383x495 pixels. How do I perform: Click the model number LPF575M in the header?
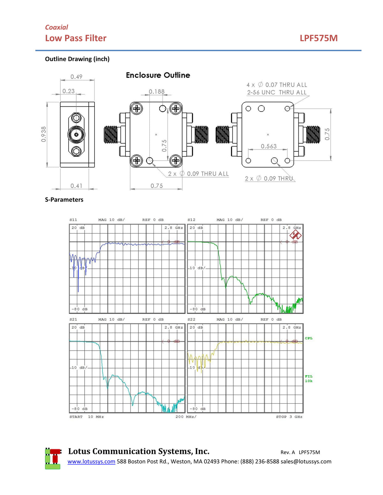(318, 38)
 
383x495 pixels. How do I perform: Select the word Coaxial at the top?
(56, 27)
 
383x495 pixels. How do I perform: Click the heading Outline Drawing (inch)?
(77, 59)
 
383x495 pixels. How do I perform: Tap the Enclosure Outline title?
(158, 75)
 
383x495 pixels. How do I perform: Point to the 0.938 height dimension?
(44, 134)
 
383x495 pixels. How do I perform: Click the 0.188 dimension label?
(156, 91)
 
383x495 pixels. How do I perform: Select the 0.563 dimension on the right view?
(268, 146)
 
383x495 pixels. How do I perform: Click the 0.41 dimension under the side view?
(76, 186)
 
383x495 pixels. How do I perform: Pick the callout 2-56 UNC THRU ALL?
(276, 92)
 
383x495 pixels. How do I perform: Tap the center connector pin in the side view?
(76, 135)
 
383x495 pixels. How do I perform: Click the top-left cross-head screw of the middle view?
(137, 109)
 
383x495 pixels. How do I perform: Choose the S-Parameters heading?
(64, 200)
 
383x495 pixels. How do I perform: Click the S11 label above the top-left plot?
(73, 220)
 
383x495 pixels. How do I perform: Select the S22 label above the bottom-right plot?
(191, 319)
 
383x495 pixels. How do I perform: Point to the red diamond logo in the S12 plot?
(295, 236)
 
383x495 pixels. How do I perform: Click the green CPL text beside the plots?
(308, 338)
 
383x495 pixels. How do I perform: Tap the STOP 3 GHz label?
(289, 417)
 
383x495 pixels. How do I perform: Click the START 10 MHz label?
(86, 417)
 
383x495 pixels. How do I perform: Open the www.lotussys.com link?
(91, 462)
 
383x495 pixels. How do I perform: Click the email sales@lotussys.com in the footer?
(306, 462)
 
